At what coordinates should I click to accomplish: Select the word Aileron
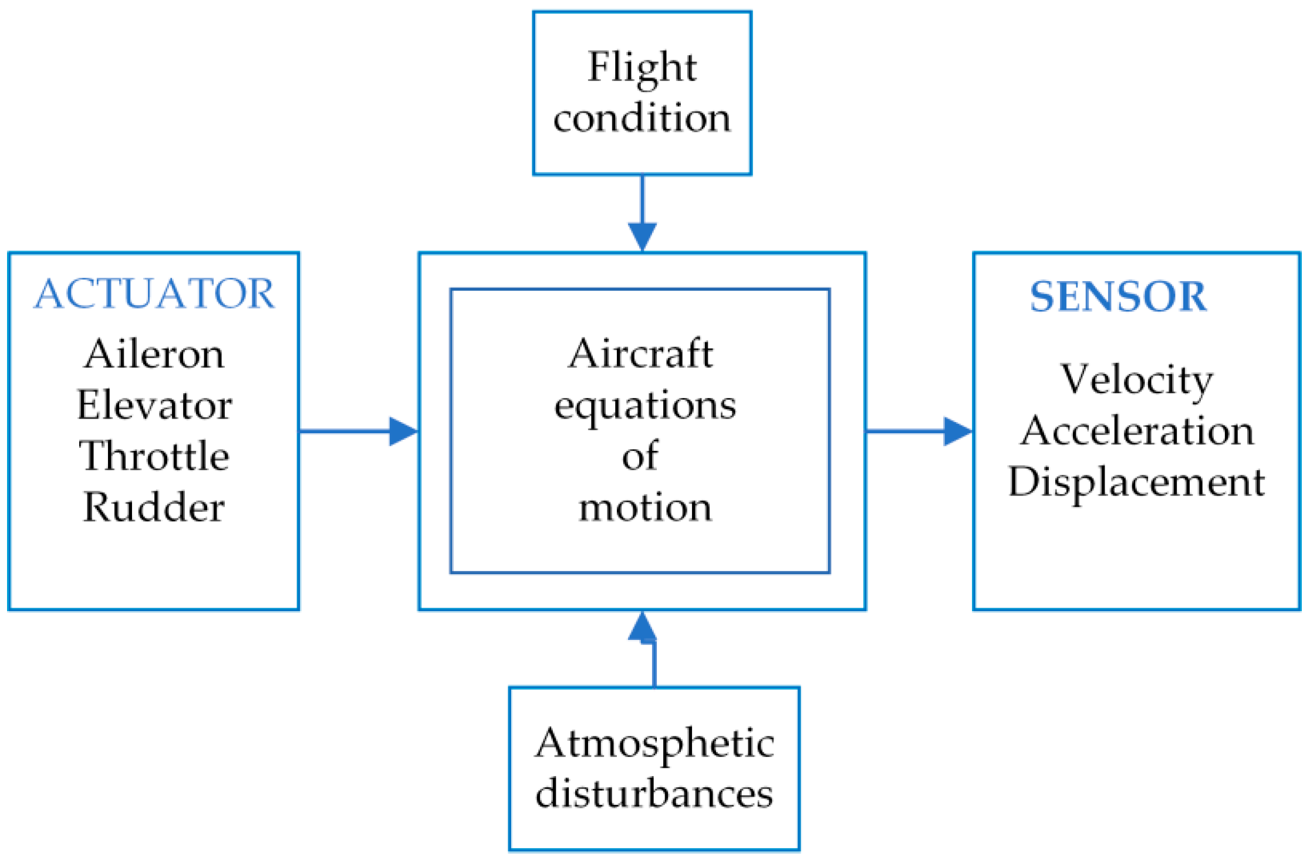coord(154,355)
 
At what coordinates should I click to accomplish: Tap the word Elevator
coord(154,406)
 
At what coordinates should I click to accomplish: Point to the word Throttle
coord(154,456)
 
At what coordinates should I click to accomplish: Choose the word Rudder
coord(154,507)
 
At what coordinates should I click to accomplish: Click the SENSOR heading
coord(1118,296)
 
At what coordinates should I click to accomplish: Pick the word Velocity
coord(1136,380)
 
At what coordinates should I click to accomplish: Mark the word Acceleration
coord(1137,431)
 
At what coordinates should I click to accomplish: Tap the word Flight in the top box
coord(642,68)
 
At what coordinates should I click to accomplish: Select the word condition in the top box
coord(642,118)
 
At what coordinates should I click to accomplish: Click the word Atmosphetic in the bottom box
coord(654,744)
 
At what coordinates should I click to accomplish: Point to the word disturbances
coord(654,794)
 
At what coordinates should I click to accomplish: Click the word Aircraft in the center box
coord(641,355)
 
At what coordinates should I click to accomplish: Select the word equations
coord(645,406)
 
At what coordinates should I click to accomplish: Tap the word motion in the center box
coord(645,507)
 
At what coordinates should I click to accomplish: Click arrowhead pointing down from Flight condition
coord(642,236)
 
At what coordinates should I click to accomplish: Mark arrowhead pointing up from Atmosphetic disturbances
coord(642,627)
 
